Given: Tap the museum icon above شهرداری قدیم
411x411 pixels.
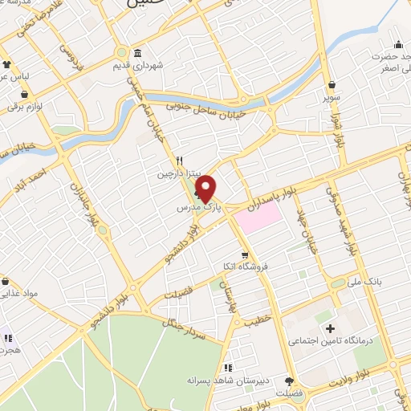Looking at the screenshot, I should pyautogui.click(x=137, y=53).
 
